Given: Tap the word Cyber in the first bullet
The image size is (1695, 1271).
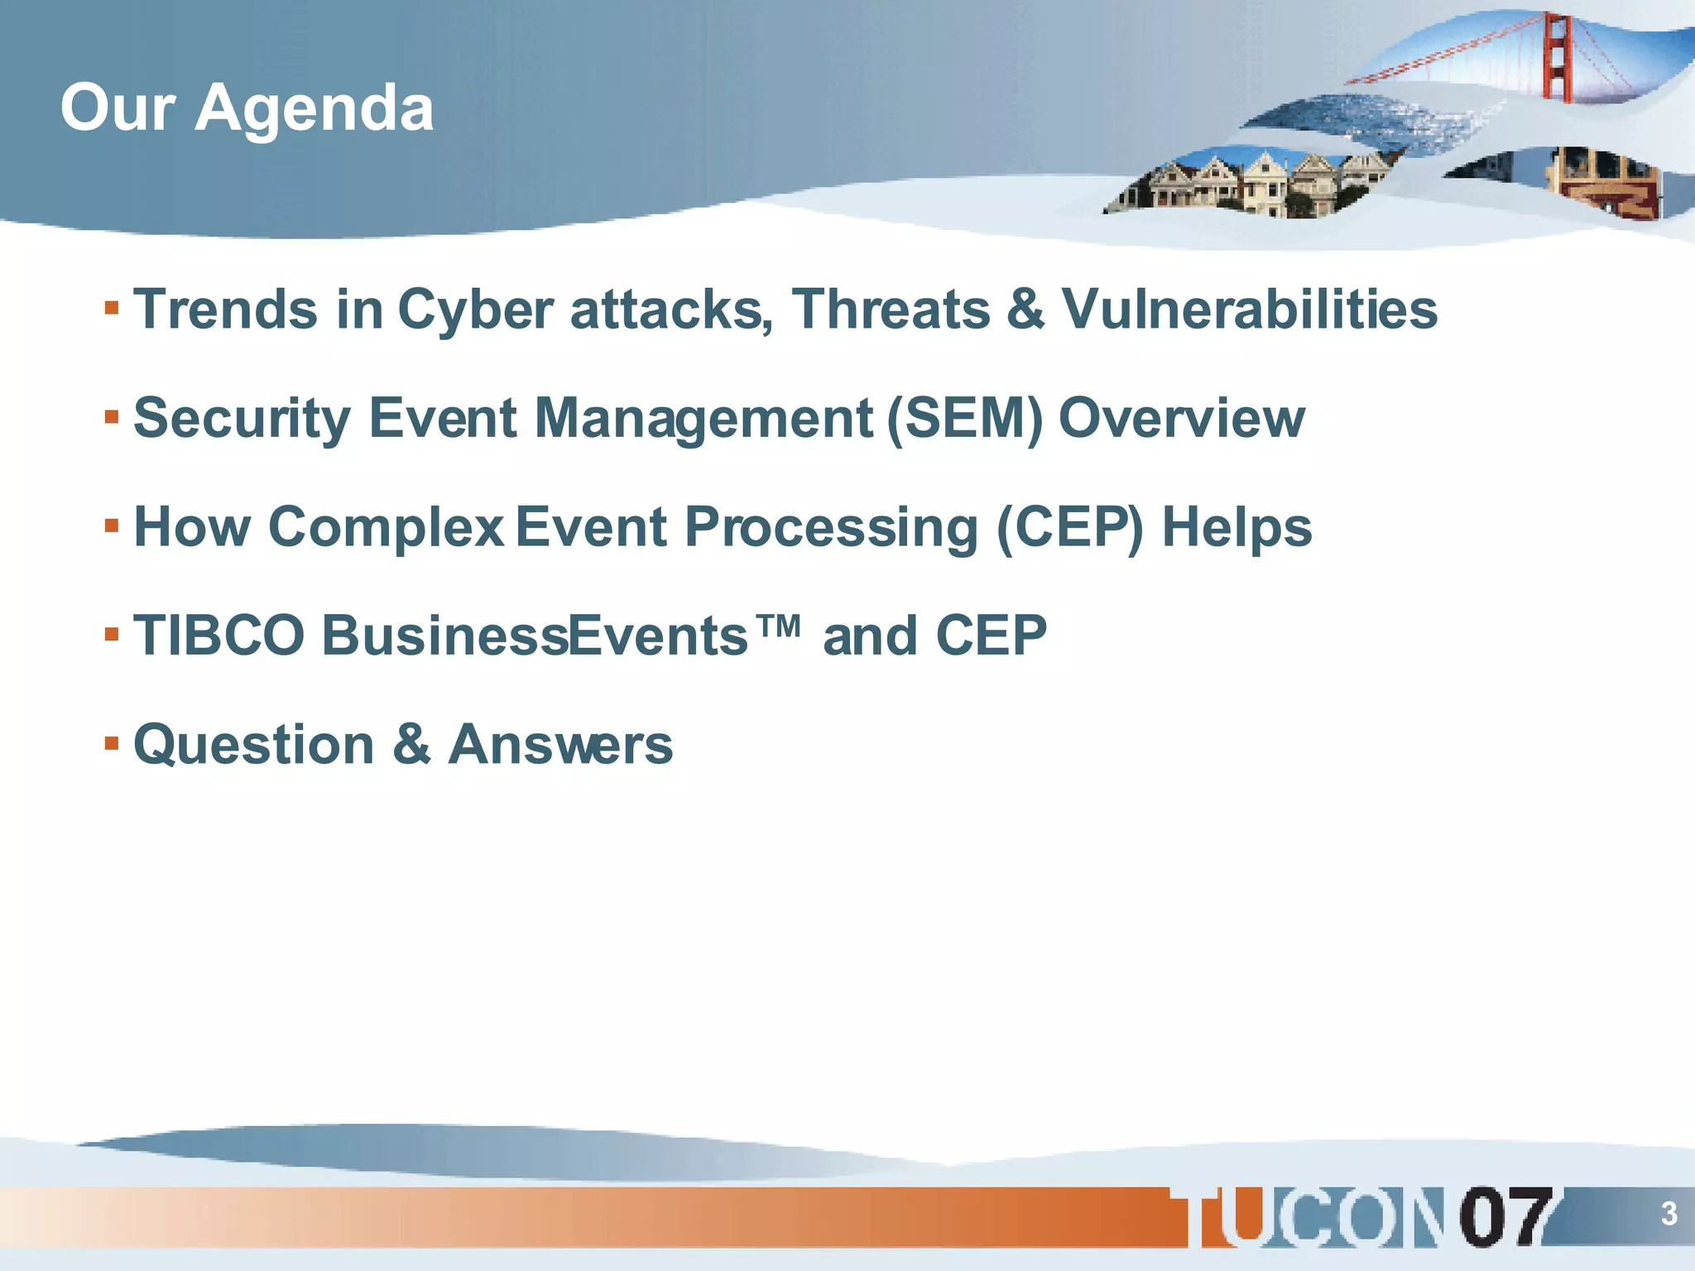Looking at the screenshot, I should [x=475, y=310].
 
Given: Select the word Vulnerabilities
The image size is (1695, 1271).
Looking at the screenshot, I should [x=1250, y=310].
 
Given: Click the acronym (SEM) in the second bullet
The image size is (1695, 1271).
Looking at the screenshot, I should [x=964, y=419].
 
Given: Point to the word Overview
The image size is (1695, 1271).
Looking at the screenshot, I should [x=1182, y=419].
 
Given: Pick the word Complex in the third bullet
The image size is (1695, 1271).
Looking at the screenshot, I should [x=386, y=528].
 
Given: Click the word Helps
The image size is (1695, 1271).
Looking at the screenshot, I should [x=1236, y=528].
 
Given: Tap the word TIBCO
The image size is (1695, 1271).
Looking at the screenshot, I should [x=219, y=636].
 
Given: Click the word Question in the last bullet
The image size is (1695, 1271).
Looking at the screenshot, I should [x=254, y=745].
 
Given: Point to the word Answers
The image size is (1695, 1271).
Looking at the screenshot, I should [x=560, y=745].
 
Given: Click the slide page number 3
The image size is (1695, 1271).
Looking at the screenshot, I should [x=1669, y=1214].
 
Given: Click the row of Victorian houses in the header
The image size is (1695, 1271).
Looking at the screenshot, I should [x=1250, y=184].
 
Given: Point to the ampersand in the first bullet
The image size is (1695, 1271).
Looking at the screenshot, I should [x=1026, y=310].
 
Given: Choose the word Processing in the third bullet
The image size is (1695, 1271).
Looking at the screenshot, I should [x=831, y=528].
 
